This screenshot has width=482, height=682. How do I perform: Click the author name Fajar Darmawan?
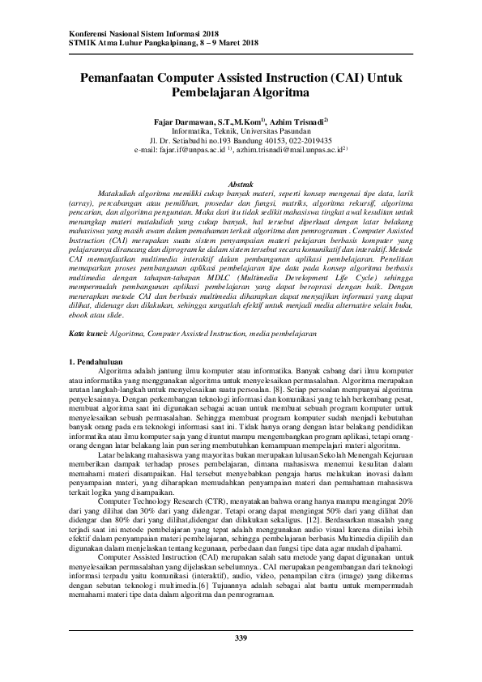(x=181, y=120)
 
